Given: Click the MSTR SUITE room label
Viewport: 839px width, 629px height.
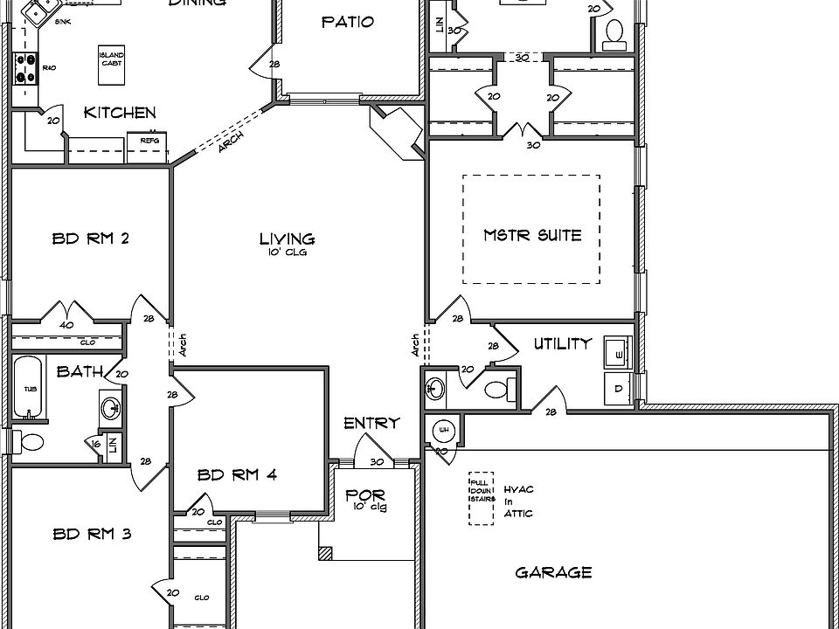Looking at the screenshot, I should pos(532,235).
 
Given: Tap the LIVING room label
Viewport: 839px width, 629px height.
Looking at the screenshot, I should pos(287,238).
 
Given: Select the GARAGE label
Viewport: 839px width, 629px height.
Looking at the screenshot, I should pos(553,573).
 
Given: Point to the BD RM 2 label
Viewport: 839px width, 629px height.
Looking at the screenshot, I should pos(91,238).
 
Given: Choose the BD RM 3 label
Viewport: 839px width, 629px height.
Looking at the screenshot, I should pos(92,534).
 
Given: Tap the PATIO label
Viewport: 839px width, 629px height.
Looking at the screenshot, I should pos(348,22).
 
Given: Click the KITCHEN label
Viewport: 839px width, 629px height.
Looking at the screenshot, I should pos(120,113).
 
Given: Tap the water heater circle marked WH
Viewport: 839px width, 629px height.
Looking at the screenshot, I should pos(443,431).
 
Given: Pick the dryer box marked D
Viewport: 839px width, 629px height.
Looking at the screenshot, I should pos(620,388).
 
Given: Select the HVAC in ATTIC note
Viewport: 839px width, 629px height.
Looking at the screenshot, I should pos(518,501).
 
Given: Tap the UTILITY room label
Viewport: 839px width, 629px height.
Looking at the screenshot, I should pos(563,344).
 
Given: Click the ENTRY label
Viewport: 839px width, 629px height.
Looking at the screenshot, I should pos(371,424).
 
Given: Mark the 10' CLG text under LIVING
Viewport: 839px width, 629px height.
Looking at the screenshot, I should pos(288,252).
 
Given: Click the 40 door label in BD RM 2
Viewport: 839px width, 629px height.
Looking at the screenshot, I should pos(66,325).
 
